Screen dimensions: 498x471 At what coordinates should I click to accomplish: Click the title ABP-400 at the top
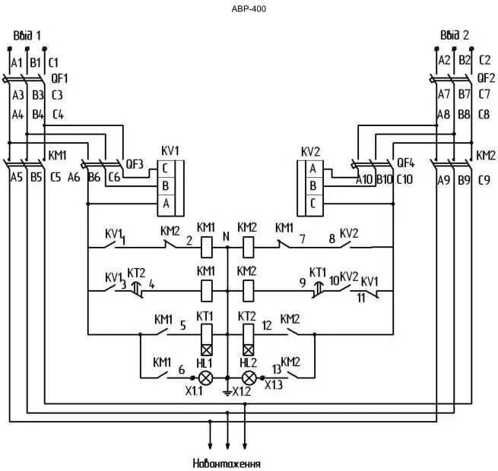coord(249,9)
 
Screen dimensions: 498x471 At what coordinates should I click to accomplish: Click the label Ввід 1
coord(27,36)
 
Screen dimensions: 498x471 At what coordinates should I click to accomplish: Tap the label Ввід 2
coord(455,35)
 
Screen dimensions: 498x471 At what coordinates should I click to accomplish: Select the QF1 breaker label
coord(59,79)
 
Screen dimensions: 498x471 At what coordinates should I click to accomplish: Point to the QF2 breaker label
coord(487,78)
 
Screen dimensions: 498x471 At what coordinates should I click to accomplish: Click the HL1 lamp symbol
coord(206,378)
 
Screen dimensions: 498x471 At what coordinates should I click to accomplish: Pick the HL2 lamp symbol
coord(249,378)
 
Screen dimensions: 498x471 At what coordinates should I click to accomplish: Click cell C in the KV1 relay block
coord(166,169)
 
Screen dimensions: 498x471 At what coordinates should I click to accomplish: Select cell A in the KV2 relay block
coord(314,169)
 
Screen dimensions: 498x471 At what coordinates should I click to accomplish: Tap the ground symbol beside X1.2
coord(227,394)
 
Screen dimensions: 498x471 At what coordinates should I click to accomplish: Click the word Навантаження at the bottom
coord(227,463)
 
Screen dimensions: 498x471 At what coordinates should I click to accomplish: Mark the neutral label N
coord(226,236)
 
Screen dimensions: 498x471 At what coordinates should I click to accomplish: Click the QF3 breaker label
coord(135,164)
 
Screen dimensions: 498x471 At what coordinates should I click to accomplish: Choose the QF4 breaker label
coord(406,163)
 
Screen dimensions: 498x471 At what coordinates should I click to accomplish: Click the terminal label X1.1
coord(194,391)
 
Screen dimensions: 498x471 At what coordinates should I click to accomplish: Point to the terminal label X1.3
coord(274,385)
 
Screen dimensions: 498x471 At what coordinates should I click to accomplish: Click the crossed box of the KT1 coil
coord(207,350)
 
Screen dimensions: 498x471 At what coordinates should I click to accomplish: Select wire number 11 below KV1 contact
coord(361,299)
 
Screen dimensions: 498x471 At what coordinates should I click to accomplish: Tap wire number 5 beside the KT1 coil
coord(183,326)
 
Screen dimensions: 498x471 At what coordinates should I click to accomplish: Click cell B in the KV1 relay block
coord(166,186)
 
